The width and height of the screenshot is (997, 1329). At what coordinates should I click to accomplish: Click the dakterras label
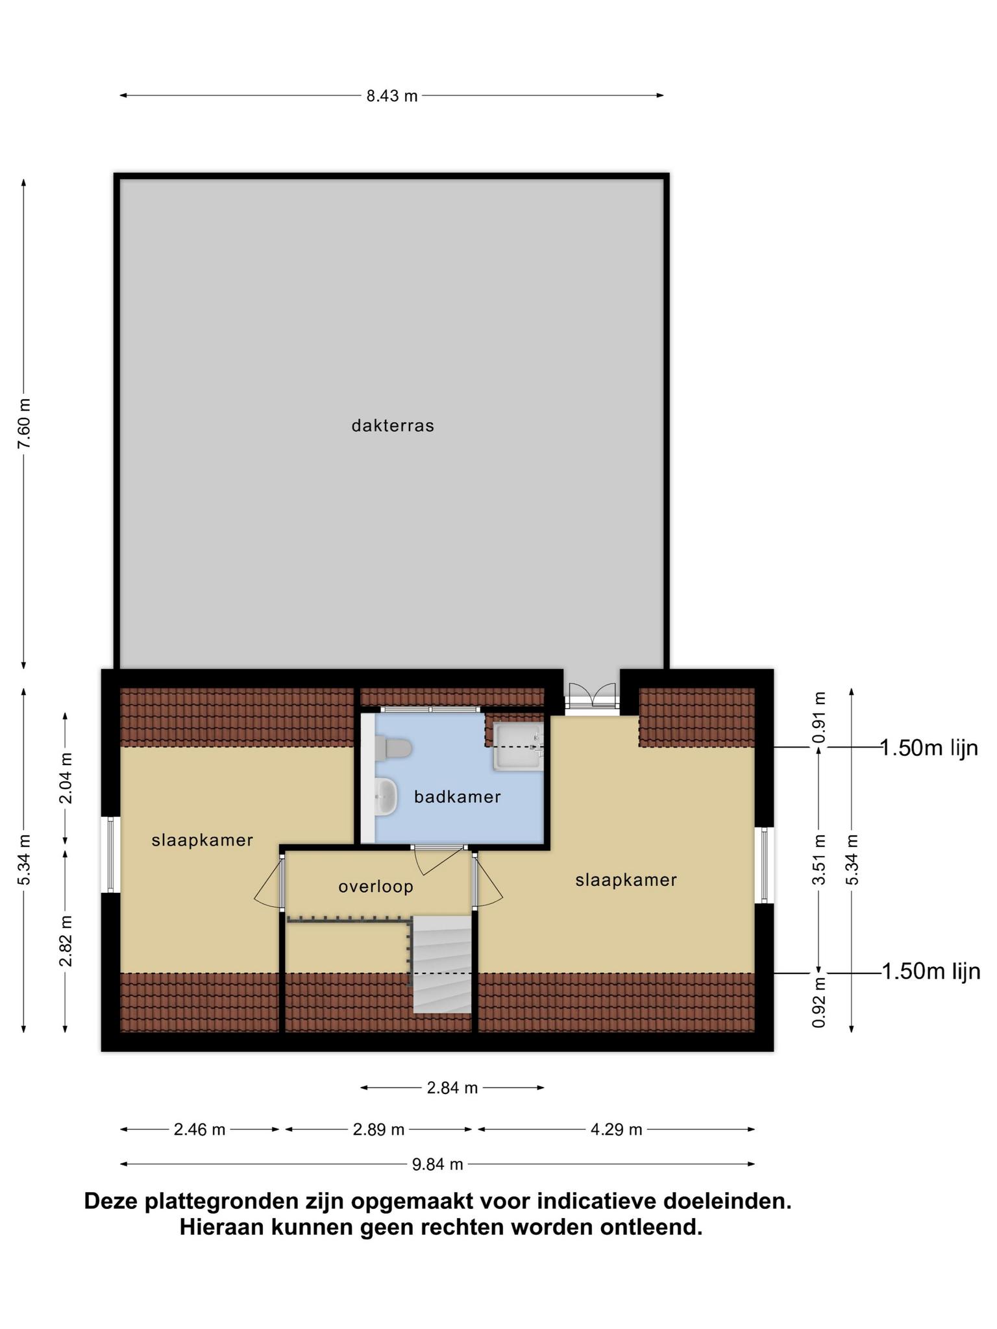coord(393,426)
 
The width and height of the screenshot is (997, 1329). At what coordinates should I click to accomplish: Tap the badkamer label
coord(458,796)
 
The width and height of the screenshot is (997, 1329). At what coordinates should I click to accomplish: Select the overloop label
coord(376,886)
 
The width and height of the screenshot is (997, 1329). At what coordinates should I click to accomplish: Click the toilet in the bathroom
coord(394,748)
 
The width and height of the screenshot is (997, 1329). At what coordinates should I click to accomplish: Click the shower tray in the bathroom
coord(518,747)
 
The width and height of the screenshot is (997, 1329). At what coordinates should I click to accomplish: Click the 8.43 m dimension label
coord(392,96)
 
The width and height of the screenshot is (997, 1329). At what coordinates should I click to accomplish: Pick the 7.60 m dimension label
coord(24,423)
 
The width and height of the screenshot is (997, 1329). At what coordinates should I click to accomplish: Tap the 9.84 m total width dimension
coord(437,1164)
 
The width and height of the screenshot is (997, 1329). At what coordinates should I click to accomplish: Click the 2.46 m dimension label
coord(199,1130)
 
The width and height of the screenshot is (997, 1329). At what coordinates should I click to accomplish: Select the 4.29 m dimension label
coord(616,1130)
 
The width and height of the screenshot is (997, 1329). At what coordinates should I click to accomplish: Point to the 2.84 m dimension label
coord(452,1088)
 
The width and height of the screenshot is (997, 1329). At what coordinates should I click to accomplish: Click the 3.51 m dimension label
coord(820,859)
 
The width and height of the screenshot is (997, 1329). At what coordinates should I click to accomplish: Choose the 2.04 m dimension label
coord(66,778)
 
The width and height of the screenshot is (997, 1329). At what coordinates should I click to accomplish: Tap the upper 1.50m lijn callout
coord(929,748)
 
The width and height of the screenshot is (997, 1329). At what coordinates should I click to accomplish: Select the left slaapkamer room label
coord(202,840)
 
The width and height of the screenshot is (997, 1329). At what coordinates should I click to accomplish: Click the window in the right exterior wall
coord(765,865)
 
